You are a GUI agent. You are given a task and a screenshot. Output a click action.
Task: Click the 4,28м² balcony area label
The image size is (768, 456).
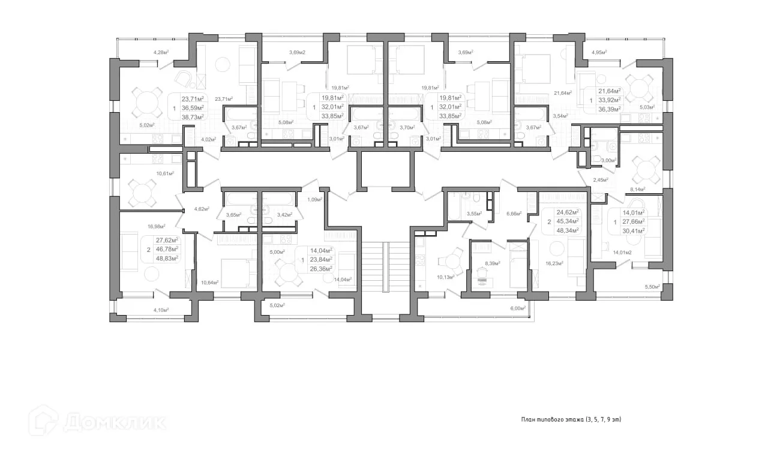coord(161,53)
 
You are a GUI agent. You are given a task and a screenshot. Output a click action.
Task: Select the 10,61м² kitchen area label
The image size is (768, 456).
coord(165,173)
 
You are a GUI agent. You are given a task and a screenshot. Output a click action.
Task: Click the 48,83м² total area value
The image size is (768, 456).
coord(167,258)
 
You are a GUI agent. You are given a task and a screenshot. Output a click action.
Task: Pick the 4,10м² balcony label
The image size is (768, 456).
coord(161,310)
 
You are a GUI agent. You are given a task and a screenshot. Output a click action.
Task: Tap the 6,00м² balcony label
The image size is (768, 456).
coord(518,308)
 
